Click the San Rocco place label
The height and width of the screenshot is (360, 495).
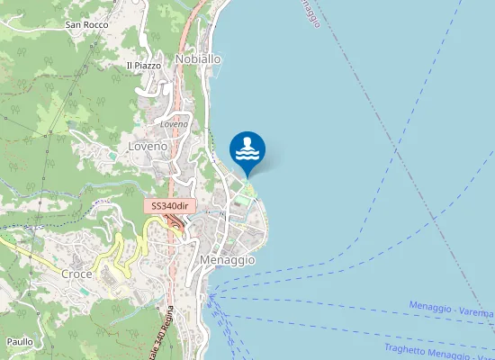pos(86,24)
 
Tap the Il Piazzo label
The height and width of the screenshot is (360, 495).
pos(143,65)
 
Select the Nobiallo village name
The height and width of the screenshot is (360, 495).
pos(199,58)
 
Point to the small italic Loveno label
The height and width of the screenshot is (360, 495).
pos(174,123)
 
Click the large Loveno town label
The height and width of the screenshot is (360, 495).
pos(148,145)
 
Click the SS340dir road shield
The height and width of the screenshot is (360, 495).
pos(168,206)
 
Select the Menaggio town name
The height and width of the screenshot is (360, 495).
pos(227,259)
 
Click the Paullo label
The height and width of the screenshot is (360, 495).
pos(20,342)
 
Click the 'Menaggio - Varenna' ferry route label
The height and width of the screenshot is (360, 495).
pos(451,310)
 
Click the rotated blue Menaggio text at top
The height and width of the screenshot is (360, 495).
pos(307,13)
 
